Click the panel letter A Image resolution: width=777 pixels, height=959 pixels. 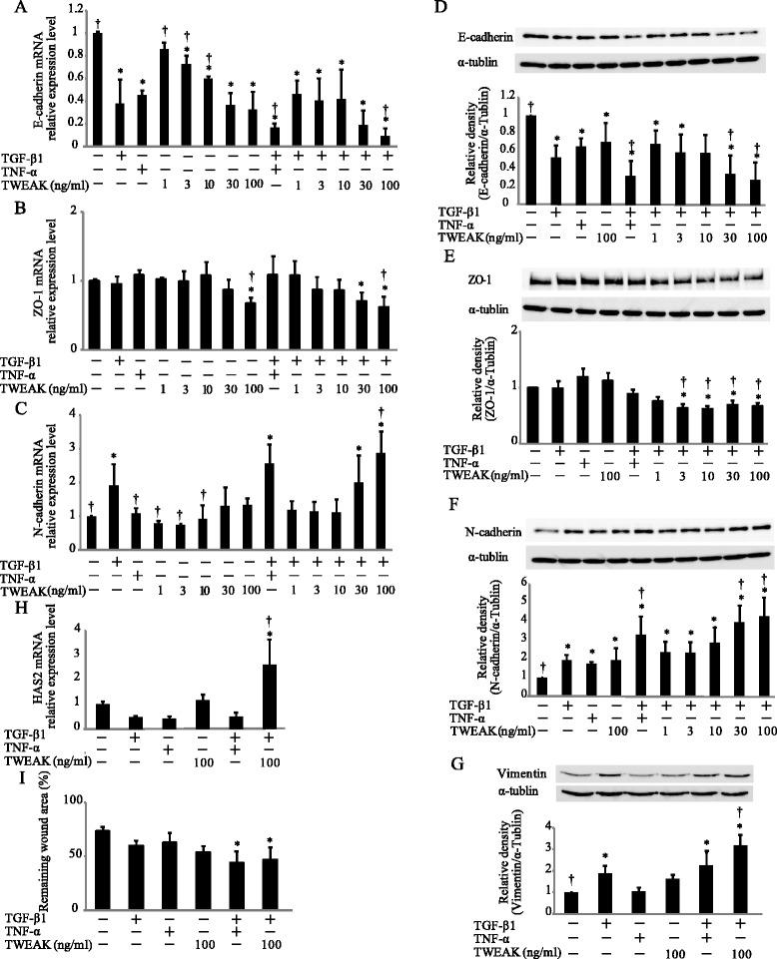point(10,9)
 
